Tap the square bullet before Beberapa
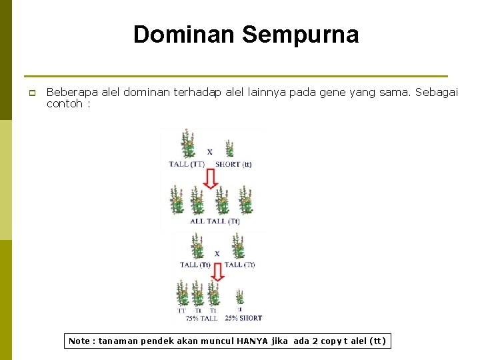point(31,93)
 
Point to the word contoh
point(64,104)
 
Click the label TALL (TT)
point(187,164)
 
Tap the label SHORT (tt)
point(233,164)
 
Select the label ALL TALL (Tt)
point(215,221)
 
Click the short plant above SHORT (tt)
point(230,149)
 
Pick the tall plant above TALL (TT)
point(188,143)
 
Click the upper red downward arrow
point(209,178)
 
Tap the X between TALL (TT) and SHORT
point(209,152)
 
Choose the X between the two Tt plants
point(217,253)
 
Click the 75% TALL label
point(202,319)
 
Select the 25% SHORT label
point(243,319)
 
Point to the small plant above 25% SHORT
point(239,297)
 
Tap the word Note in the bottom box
point(81,341)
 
